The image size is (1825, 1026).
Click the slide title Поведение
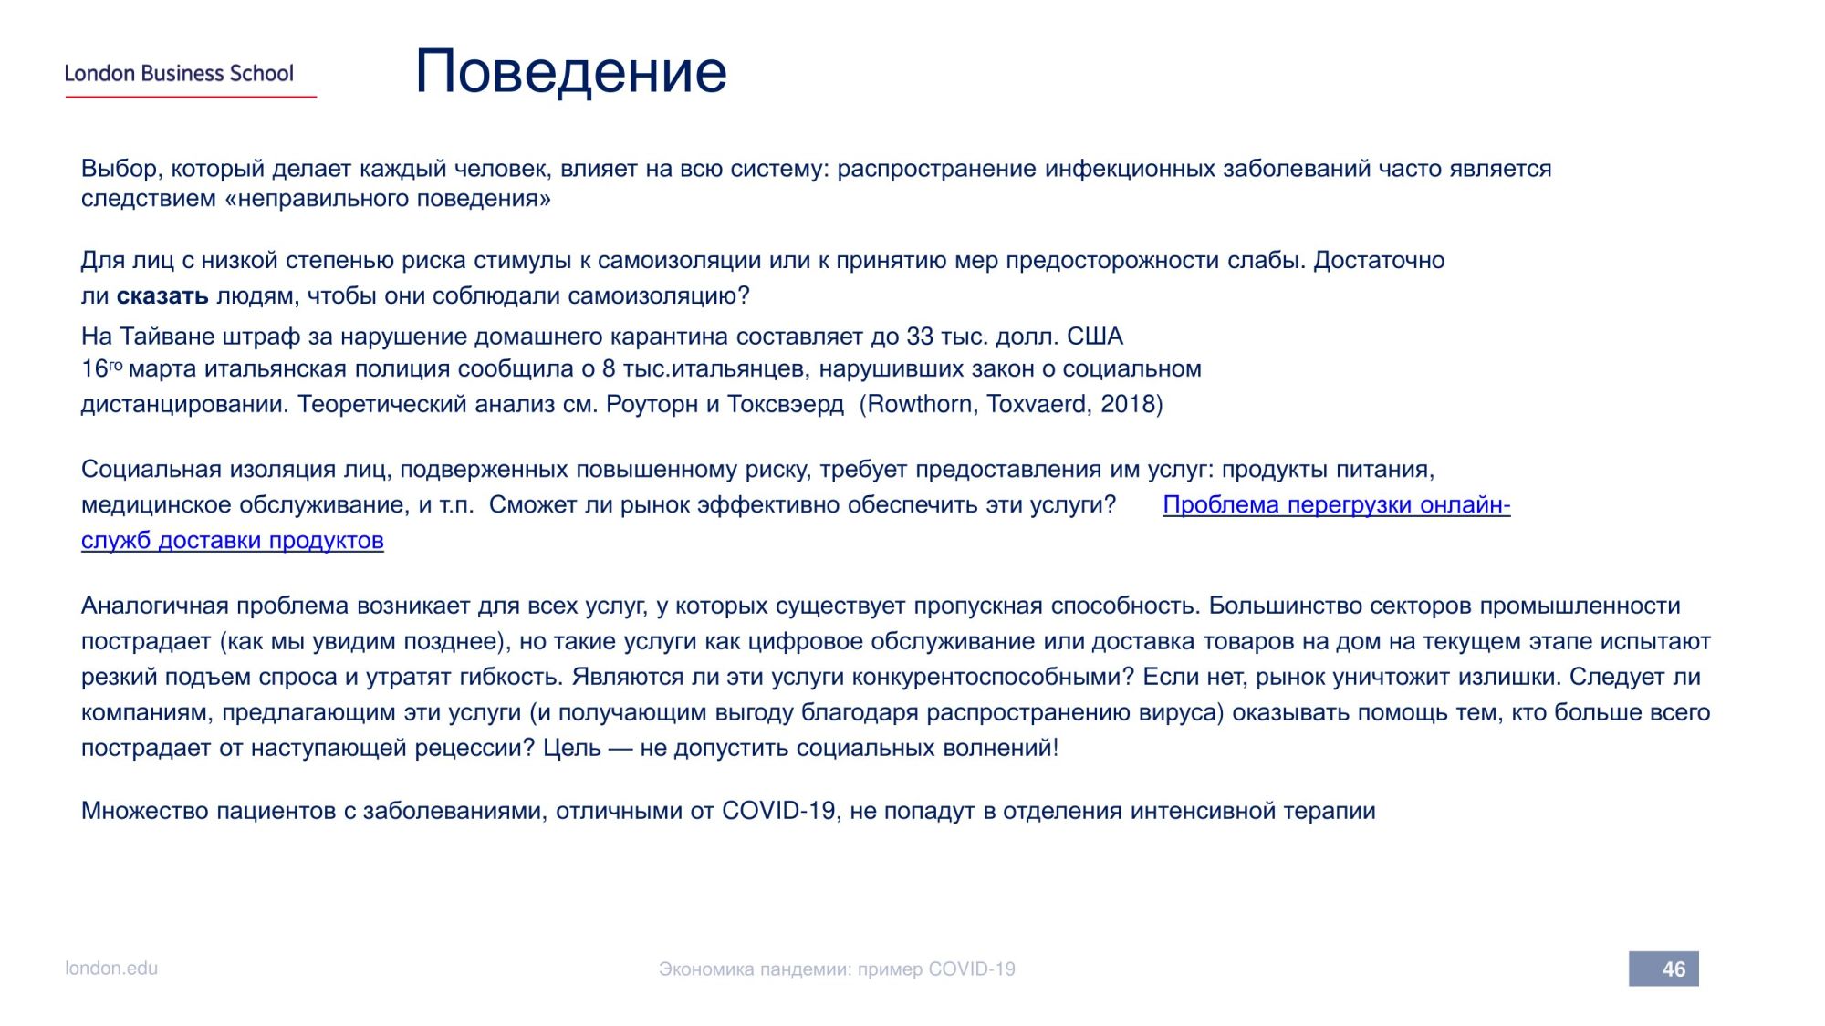(x=571, y=71)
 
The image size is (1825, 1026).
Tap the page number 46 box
(x=1663, y=969)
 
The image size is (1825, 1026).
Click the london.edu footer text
(x=111, y=969)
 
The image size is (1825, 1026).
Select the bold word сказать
(x=162, y=296)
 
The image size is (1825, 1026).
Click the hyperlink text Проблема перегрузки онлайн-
(x=1337, y=505)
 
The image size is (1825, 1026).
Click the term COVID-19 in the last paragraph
(x=779, y=811)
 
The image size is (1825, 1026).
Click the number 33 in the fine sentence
(x=920, y=337)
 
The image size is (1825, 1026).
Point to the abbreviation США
(x=1095, y=337)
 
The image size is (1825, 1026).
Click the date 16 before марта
(x=95, y=368)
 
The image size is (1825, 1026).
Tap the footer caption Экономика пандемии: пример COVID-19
(x=837, y=969)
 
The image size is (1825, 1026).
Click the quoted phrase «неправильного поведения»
(x=388, y=199)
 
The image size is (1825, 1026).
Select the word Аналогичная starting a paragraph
(x=155, y=606)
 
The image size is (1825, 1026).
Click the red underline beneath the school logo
(x=191, y=97)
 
